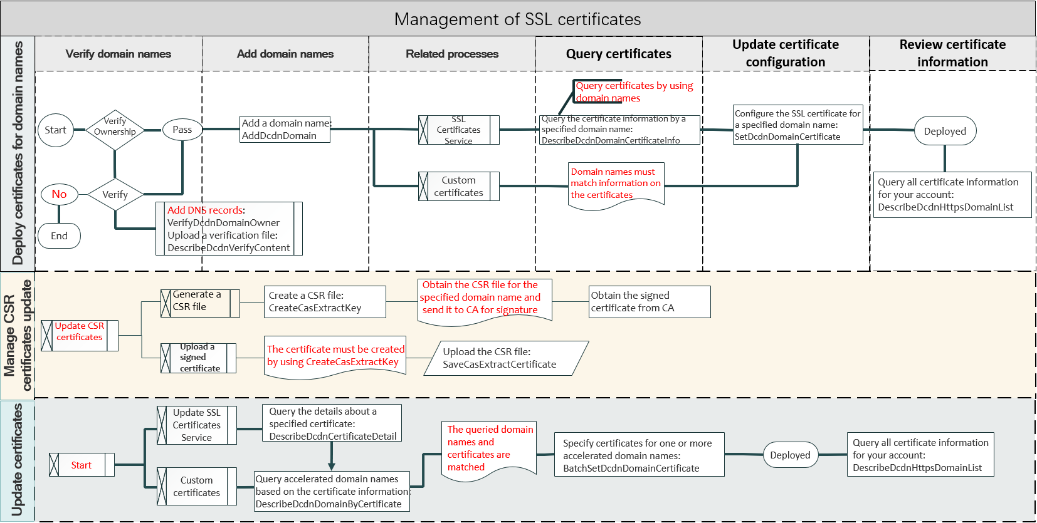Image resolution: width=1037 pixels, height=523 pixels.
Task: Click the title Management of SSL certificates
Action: click(x=517, y=19)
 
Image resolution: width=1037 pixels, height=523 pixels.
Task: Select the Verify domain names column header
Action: click(x=118, y=54)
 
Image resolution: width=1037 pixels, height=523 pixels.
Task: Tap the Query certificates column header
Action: click(x=618, y=54)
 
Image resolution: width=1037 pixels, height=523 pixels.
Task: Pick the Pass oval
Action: click(x=182, y=130)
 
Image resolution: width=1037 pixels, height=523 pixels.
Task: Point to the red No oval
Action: click(x=60, y=194)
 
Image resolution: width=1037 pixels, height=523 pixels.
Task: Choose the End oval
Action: click(x=59, y=236)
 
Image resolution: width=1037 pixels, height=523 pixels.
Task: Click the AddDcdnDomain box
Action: click(x=285, y=130)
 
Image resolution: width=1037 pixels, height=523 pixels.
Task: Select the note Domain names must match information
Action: click(x=616, y=184)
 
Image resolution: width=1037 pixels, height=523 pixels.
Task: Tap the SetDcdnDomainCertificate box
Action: click(x=797, y=125)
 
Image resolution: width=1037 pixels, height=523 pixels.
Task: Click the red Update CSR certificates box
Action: click(x=80, y=335)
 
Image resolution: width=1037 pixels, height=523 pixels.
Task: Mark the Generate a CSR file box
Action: click(x=199, y=303)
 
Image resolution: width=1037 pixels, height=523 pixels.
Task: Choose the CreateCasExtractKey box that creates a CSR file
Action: click(x=325, y=302)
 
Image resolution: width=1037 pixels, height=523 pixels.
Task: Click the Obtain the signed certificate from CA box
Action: click(x=650, y=302)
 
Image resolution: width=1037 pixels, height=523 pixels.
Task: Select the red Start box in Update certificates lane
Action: click(x=82, y=465)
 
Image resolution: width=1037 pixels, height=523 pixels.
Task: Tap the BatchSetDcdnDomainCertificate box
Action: click(x=639, y=455)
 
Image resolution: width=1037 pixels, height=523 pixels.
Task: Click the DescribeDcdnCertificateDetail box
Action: click(x=332, y=423)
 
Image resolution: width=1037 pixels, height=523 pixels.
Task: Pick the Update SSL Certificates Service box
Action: click(x=196, y=425)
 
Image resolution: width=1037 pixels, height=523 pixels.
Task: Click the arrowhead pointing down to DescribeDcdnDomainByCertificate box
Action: click(x=332, y=466)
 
